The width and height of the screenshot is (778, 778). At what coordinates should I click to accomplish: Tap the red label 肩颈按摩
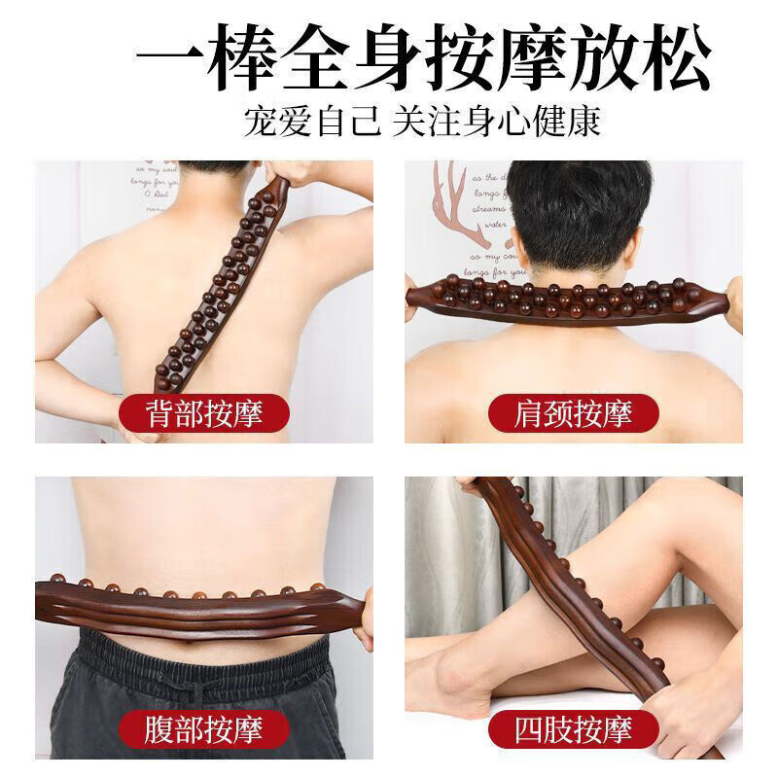[574, 414]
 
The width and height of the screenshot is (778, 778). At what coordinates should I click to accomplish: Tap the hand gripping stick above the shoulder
[292, 175]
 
